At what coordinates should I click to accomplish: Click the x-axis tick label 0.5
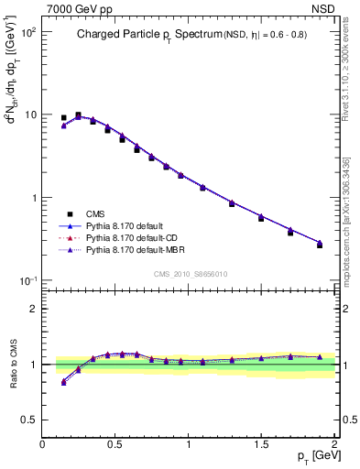[x=115, y=443]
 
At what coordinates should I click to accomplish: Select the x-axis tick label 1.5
[x=262, y=443]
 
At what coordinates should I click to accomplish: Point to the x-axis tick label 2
[x=334, y=443]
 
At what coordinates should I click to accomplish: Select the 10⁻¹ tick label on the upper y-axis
[x=27, y=280]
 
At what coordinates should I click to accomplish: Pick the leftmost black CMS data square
[x=64, y=117]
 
